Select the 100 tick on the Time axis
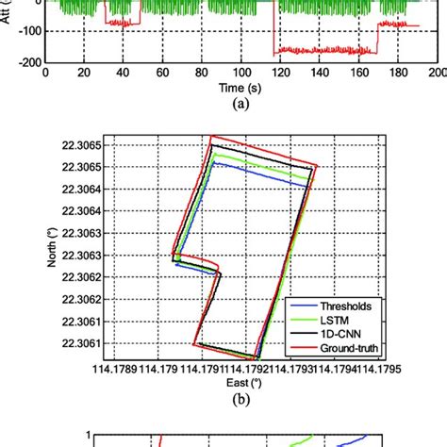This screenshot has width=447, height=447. point(245,73)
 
